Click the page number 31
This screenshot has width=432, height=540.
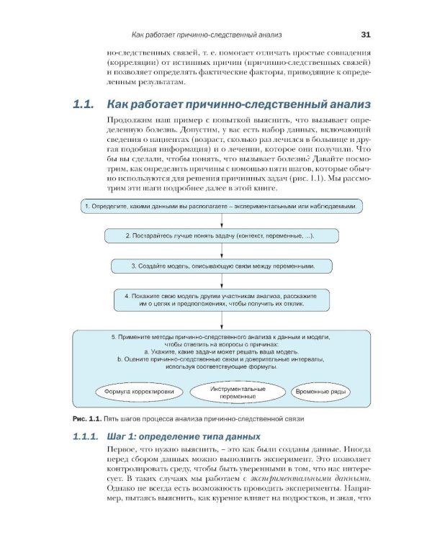tap(365, 34)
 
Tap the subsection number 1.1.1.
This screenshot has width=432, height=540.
tap(89, 437)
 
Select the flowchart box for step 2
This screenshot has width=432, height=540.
tap(221, 235)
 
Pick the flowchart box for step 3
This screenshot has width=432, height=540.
tap(221, 266)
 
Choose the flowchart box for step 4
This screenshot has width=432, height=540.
tap(221, 300)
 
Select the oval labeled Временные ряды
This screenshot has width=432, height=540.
tap(322, 392)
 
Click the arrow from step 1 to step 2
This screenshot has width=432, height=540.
tap(221, 221)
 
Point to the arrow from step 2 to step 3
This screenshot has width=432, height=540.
tap(221, 251)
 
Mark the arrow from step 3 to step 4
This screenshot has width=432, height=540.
tap(221, 281)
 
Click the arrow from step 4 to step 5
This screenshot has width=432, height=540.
tap(221, 320)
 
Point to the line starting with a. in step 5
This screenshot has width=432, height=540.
tap(221, 351)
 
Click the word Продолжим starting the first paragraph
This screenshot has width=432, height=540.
tap(128, 120)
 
